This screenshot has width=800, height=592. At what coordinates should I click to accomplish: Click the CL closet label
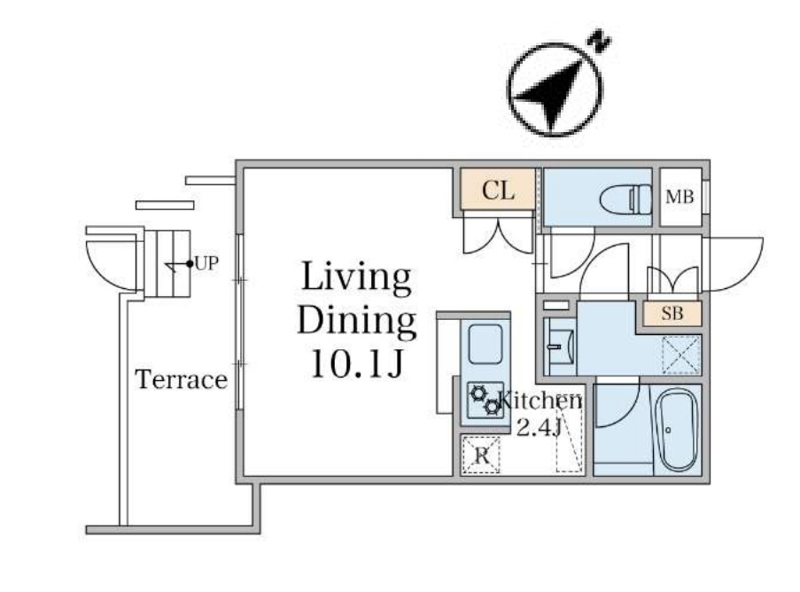pyautogui.click(x=498, y=191)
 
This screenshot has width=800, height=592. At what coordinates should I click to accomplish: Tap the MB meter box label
pyautogui.click(x=680, y=197)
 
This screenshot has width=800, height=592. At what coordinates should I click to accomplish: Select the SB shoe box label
pyautogui.click(x=672, y=314)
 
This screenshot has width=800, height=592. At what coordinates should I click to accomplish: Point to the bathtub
pyautogui.click(x=678, y=429)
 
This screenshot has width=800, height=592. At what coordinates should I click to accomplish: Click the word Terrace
pyautogui.click(x=181, y=380)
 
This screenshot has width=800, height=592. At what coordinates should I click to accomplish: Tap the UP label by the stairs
pyautogui.click(x=206, y=263)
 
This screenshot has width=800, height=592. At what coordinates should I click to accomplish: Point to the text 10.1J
pyautogui.click(x=357, y=362)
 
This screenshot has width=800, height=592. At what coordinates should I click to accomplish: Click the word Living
pyautogui.click(x=357, y=277)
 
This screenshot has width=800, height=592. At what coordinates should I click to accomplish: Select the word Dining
pyautogui.click(x=357, y=320)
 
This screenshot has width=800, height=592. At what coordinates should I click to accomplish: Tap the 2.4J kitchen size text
pyautogui.click(x=540, y=428)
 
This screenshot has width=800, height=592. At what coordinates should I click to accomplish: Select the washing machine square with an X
pyautogui.click(x=680, y=354)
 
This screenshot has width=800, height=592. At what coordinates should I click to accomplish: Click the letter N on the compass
pyautogui.click(x=602, y=41)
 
